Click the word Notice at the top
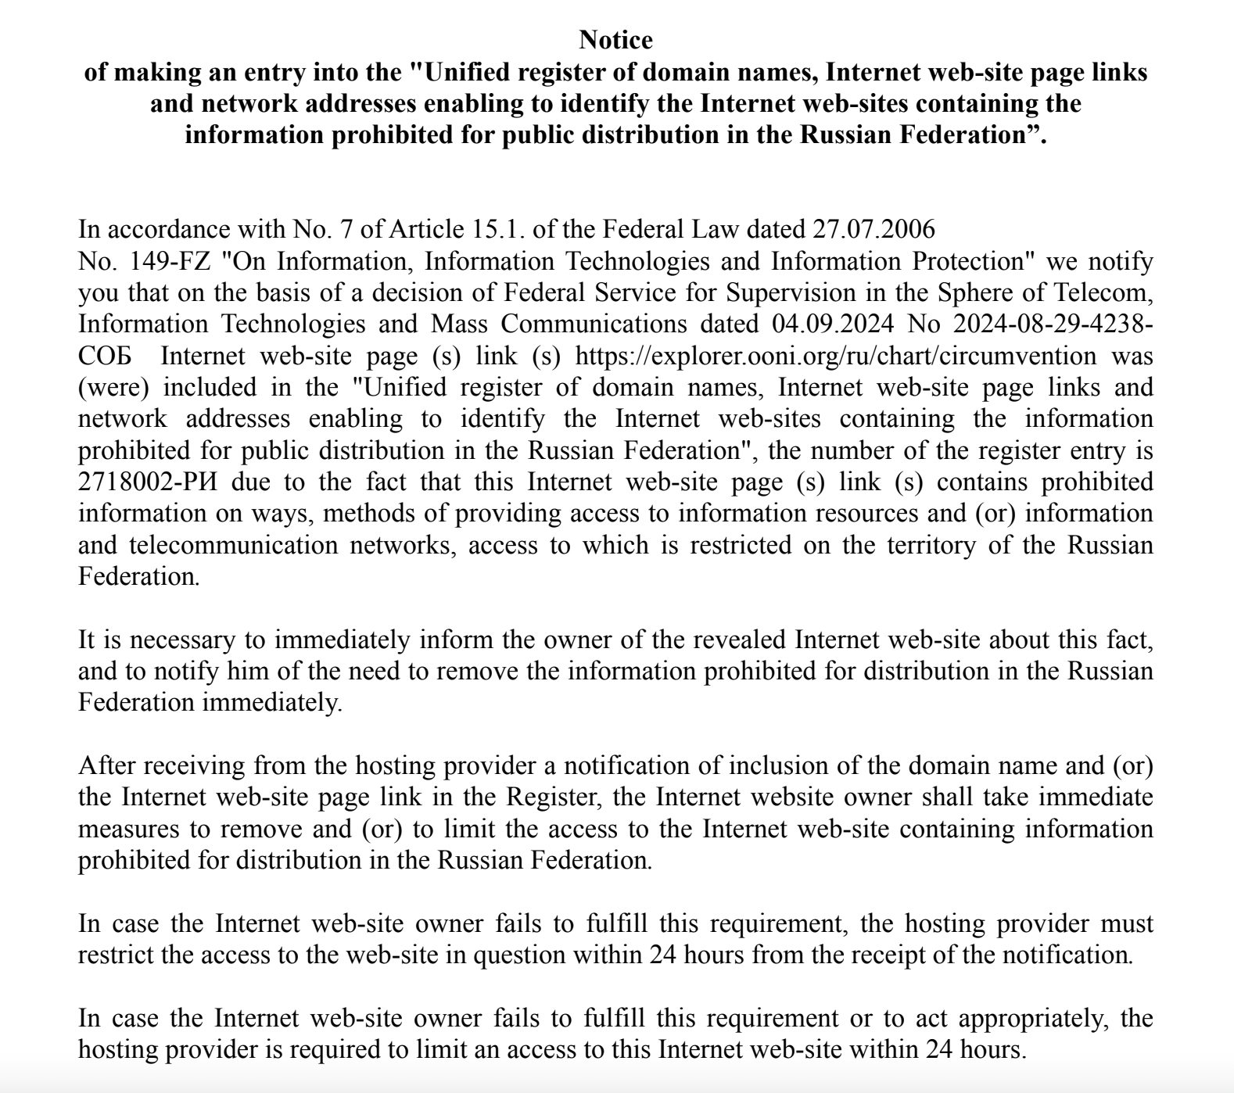(x=616, y=39)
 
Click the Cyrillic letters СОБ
(x=104, y=356)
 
